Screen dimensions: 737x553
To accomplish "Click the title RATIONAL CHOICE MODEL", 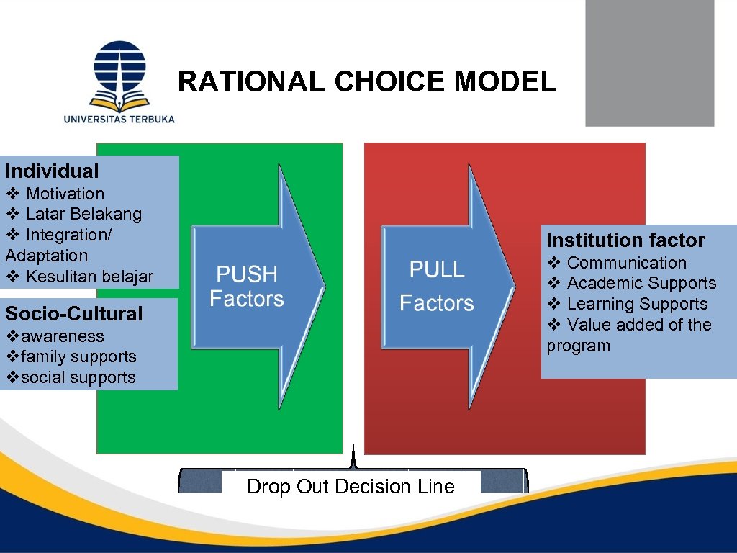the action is [x=367, y=82].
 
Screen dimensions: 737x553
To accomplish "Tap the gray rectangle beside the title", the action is [x=649, y=63].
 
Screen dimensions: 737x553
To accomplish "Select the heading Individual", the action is [x=52, y=171].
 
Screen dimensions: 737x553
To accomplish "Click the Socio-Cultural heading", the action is [x=74, y=314].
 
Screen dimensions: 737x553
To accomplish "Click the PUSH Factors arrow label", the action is [x=247, y=287].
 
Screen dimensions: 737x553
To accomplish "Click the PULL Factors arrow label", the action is [x=437, y=286].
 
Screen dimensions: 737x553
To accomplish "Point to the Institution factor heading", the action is [x=625, y=240].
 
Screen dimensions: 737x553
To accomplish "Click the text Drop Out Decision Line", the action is [x=351, y=487].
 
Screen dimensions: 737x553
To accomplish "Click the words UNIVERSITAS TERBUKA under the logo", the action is [x=119, y=119].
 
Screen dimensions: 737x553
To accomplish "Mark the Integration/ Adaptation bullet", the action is [x=58, y=245].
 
